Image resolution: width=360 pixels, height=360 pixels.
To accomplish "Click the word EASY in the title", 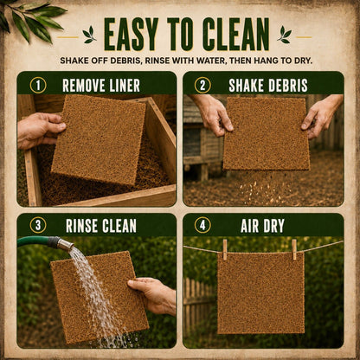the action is coord(132,35).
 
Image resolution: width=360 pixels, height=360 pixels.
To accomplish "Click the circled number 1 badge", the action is coord(38,86).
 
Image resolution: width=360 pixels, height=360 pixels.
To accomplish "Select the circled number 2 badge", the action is coord(202,86).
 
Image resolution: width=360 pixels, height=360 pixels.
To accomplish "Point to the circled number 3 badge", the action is coord(38,225).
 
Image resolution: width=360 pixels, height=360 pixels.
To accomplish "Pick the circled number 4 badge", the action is coord(202,225).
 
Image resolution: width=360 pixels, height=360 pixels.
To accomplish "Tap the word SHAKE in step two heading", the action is coord(245,86).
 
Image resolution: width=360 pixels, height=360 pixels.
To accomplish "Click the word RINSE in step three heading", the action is coord(83,226).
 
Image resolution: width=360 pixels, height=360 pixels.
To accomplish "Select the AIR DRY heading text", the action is coord(262,226).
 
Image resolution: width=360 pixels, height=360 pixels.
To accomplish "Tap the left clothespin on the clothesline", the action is coord(225,249).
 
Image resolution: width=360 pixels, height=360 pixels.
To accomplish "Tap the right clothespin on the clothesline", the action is coord(294,249).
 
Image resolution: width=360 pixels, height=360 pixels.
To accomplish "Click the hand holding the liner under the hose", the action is coord(153,294).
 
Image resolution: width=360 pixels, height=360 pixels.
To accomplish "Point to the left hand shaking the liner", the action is coord(214,115).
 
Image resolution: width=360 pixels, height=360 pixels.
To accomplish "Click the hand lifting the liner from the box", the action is coord(41,130).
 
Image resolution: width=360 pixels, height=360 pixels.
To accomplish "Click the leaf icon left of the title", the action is coord(89,35).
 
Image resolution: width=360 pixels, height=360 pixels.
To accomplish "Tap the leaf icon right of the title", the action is coord(284,35).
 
